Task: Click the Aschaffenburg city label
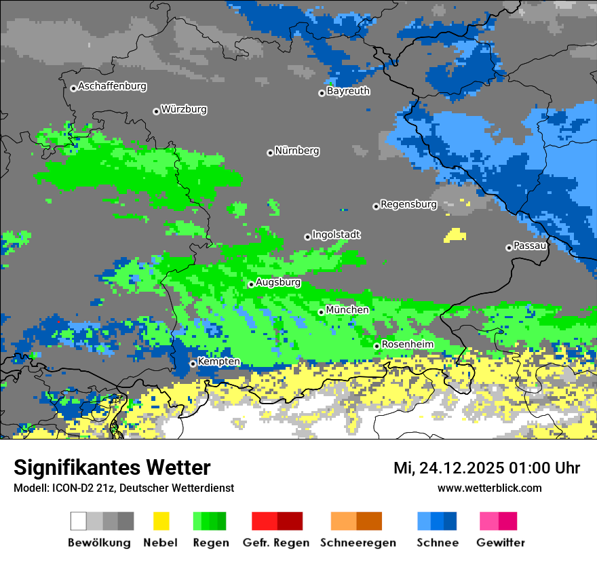112,86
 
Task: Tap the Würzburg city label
184,109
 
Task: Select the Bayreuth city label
348,91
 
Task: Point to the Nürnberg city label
297,151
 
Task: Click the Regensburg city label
408,204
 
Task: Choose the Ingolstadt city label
336,235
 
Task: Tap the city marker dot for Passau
509,248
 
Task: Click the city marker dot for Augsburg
251,284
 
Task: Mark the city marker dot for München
322,312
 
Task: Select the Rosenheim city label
407,345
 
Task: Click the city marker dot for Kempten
193,364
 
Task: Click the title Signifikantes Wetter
112,467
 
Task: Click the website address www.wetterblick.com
489,488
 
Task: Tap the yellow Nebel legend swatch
161,521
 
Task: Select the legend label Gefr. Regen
276,543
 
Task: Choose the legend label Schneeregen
358,543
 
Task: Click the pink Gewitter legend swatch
489,521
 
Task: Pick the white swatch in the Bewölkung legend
79,521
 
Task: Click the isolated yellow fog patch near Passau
455,236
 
